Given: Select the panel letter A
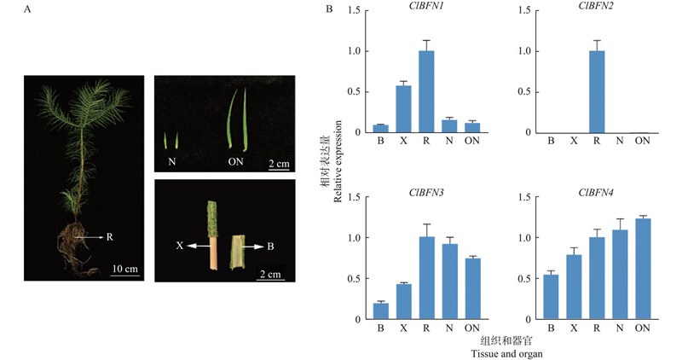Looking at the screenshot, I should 27,9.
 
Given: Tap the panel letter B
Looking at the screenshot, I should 330,9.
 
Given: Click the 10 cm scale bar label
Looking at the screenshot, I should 124,270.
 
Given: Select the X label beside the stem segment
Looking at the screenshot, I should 181,245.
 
